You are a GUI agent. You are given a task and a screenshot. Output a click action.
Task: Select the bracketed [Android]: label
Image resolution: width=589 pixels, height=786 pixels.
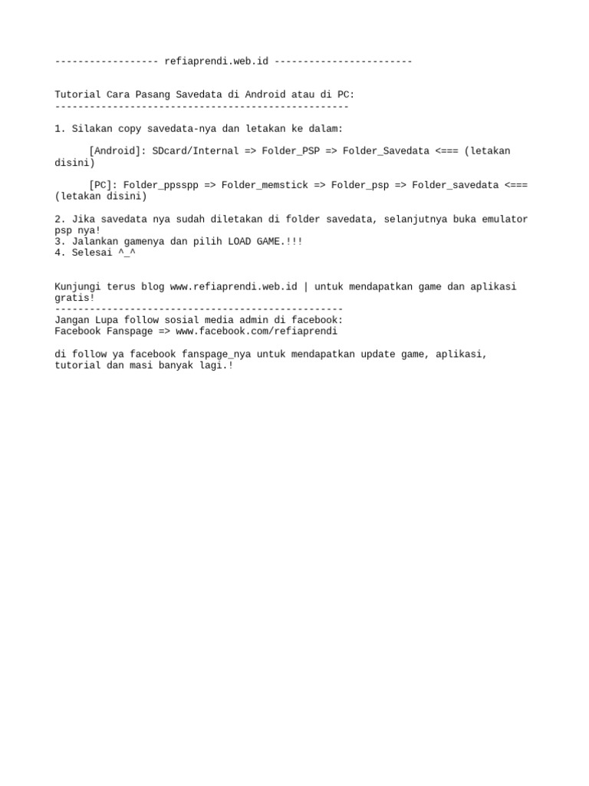point(117,151)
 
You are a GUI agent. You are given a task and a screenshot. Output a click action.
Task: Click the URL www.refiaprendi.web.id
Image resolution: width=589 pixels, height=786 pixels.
point(233,287)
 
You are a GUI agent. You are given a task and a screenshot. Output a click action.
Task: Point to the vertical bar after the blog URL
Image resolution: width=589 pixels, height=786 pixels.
point(306,287)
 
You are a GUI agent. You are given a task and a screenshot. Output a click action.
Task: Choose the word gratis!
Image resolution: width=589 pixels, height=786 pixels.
point(74,298)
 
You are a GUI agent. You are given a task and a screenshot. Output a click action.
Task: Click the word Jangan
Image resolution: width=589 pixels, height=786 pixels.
point(71,320)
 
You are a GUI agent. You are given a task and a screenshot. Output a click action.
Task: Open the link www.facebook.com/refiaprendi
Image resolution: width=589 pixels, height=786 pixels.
point(256,332)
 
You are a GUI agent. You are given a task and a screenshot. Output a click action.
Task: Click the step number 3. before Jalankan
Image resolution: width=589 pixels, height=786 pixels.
point(60,242)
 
